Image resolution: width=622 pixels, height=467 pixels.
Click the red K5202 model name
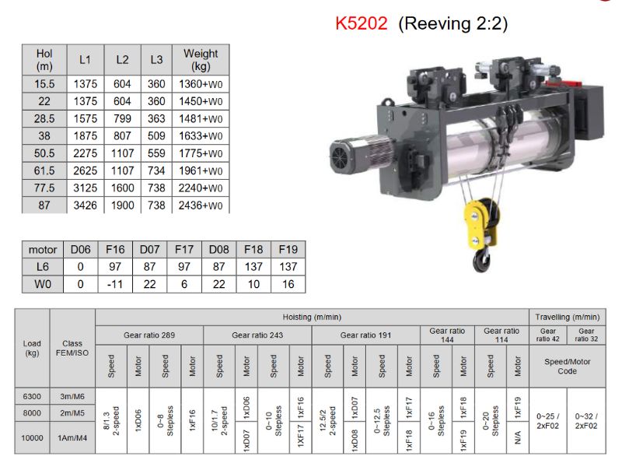click(x=361, y=23)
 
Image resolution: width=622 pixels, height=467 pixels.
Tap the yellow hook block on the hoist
click(x=480, y=223)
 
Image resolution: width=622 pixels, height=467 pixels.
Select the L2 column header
click(x=122, y=60)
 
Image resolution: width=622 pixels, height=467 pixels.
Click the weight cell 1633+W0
click(x=201, y=135)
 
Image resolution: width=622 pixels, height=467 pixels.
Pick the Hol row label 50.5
click(x=44, y=153)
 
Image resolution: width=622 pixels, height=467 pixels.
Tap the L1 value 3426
click(x=85, y=205)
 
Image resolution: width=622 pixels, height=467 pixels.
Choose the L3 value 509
click(x=156, y=135)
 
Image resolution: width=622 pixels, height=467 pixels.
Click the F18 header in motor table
click(x=253, y=249)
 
